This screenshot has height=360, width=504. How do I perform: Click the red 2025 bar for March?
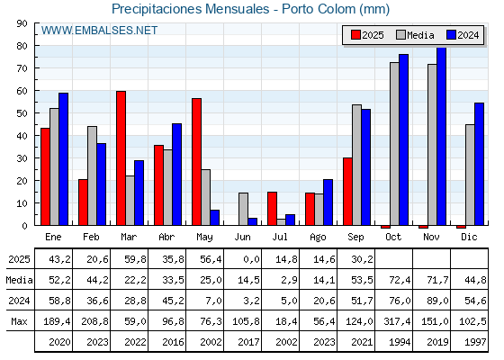pos(121,158)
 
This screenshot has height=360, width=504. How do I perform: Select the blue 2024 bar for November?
pos(441,136)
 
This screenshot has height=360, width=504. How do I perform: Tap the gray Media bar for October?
pos(394,144)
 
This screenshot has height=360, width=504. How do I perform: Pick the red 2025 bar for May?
pos(197,162)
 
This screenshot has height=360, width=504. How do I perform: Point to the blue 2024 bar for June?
pos(253,221)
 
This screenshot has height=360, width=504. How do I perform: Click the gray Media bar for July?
pos(281,222)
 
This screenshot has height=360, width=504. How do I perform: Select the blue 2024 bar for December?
pos(479,164)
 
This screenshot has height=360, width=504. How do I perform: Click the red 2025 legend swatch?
pos(355,35)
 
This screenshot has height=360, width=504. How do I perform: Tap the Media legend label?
pos(420,35)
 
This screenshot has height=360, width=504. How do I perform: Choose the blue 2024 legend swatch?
pos(451,35)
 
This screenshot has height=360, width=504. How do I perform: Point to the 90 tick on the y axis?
pos(37,23)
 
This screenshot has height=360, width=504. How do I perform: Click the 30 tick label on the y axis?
pos(22,158)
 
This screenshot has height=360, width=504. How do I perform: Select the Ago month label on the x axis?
pos(318,238)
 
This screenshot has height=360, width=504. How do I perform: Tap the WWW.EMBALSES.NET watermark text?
pos(99,31)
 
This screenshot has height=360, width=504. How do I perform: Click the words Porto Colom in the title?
pos(319,9)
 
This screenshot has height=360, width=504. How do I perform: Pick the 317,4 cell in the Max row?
pos(397,321)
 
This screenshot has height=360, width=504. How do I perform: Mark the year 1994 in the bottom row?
pos(400,342)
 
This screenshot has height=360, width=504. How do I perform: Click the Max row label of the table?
pos(19,321)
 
